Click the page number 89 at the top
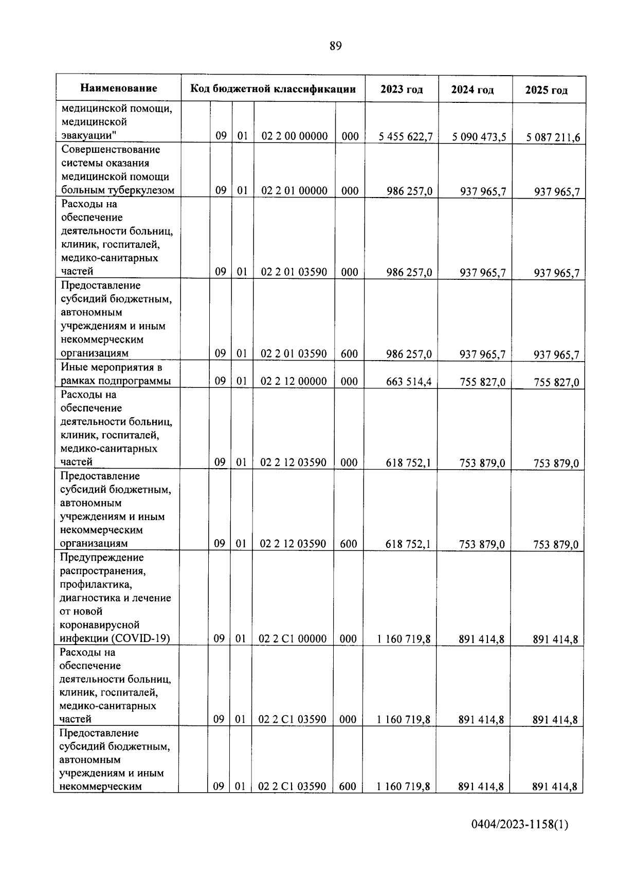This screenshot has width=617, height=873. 335,46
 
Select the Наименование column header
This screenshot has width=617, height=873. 118,88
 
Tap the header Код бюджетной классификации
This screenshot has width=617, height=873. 273,89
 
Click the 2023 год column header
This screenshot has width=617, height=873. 402,90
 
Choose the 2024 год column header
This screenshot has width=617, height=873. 473,90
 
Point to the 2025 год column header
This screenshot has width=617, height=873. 547,91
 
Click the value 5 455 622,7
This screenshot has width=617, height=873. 406,137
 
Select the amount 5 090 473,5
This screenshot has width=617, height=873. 479,137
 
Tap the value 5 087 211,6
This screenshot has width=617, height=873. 553,138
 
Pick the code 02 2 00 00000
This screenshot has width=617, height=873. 295,136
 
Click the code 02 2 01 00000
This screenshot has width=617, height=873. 294,191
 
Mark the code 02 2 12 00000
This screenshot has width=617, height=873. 294,381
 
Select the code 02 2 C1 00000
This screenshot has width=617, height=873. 293,639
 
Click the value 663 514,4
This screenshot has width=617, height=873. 408,382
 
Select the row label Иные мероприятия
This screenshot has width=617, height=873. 112,367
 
